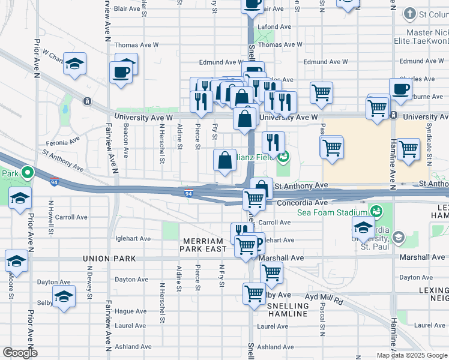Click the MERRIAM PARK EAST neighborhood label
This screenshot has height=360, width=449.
click(x=205, y=244)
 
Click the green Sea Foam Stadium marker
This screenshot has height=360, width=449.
click(x=376, y=211)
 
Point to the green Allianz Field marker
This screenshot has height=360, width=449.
click(x=283, y=158)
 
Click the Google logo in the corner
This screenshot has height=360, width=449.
click(x=20, y=353)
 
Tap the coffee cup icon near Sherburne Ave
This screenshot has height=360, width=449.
click(x=400, y=88)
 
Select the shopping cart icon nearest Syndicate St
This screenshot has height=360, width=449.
click(x=408, y=148)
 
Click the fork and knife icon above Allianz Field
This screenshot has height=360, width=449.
click(x=273, y=143)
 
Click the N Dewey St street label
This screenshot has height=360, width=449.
click(x=89, y=286)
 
